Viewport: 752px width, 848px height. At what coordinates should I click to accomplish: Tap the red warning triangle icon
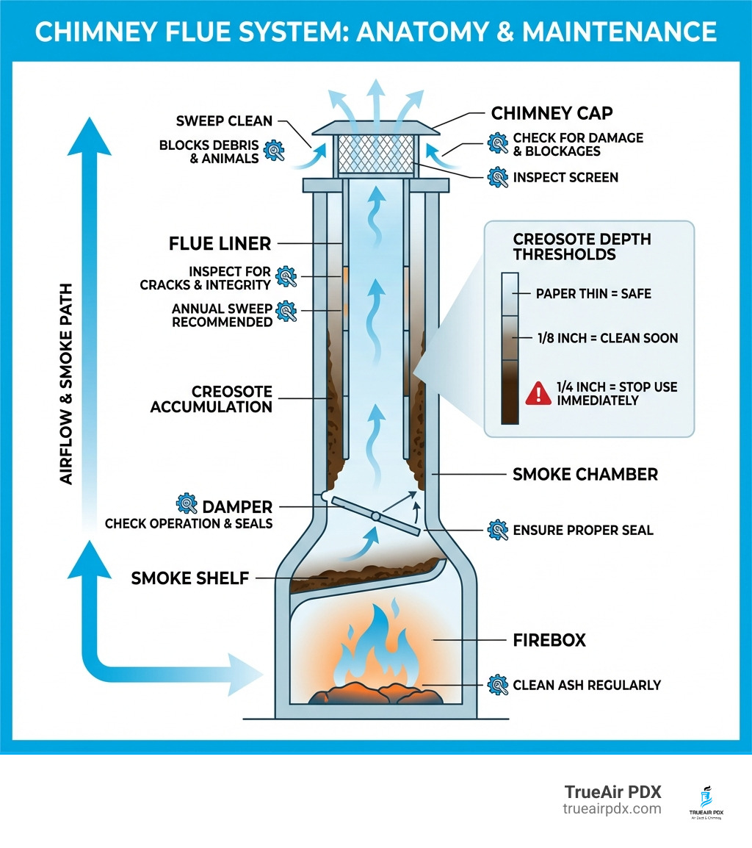(x=538, y=393)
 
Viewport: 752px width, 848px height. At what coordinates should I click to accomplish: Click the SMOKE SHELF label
(x=189, y=578)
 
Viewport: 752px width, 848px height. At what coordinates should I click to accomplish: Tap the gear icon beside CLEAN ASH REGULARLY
(x=497, y=685)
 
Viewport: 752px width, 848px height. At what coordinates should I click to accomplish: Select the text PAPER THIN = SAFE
(x=593, y=293)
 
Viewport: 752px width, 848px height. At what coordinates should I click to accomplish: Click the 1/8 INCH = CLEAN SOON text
(x=607, y=338)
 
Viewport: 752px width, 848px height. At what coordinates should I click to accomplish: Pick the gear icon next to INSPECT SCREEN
(x=497, y=177)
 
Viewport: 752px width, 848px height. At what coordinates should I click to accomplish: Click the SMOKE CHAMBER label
(x=585, y=475)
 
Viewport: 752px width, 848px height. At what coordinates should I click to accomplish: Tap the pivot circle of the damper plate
(x=376, y=516)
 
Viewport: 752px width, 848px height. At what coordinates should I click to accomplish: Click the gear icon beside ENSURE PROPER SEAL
(x=497, y=530)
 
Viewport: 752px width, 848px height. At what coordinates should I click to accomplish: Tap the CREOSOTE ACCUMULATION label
(x=211, y=399)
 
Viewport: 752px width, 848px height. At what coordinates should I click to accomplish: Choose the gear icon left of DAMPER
(x=187, y=503)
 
